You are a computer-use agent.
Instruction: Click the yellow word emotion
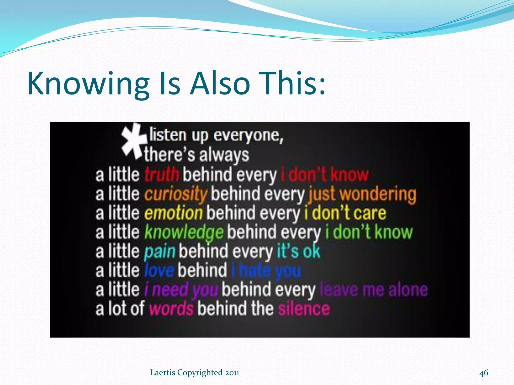click(173, 213)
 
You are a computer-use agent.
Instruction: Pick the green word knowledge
click(184, 232)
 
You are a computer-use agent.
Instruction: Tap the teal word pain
click(160, 251)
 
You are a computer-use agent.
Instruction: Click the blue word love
click(159, 270)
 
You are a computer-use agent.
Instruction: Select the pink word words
click(171, 309)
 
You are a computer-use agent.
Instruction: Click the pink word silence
click(304, 309)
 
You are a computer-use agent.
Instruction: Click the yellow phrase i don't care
click(345, 213)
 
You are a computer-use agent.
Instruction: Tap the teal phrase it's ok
click(298, 251)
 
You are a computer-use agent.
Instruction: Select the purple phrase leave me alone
click(374, 290)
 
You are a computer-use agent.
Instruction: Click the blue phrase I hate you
click(266, 270)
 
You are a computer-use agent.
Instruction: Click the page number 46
click(483, 373)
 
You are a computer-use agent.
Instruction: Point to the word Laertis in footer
click(162, 373)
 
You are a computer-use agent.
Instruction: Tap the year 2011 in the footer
click(232, 373)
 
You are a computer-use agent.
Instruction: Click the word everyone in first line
click(248, 136)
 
